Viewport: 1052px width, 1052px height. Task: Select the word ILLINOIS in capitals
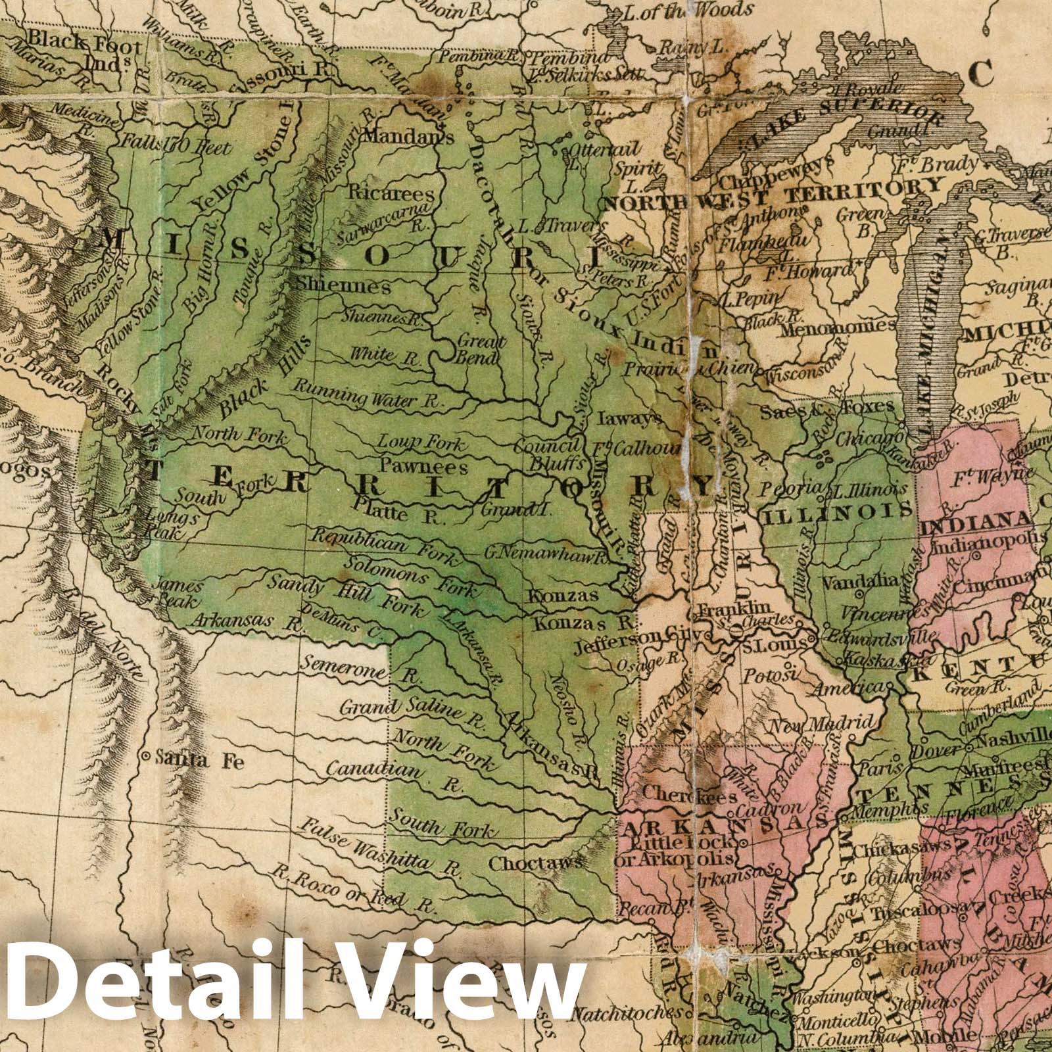pos(836,510)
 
